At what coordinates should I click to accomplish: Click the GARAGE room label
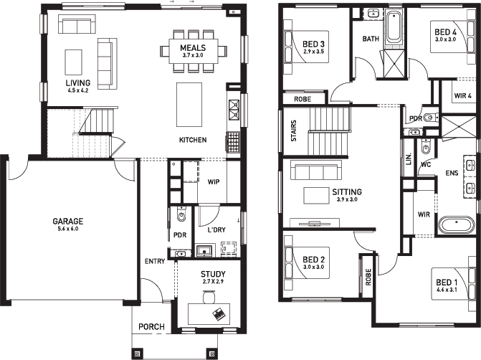pyautogui.click(x=68, y=222)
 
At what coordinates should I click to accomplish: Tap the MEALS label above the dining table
pyautogui.click(x=193, y=48)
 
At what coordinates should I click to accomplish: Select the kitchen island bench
pyautogui.click(x=189, y=105)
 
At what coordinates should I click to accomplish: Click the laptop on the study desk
pyautogui.click(x=219, y=313)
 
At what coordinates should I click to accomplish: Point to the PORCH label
pyautogui.click(x=151, y=327)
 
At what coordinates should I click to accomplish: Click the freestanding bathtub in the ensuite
pyautogui.click(x=457, y=225)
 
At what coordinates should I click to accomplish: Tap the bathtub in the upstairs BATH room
pyautogui.click(x=394, y=28)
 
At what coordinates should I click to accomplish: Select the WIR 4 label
pyautogui.click(x=462, y=96)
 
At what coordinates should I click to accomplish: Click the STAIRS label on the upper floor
pyautogui.click(x=294, y=131)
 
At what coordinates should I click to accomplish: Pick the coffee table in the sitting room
pyautogui.click(x=316, y=196)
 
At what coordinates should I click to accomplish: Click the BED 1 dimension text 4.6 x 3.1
pyautogui.click(x=447, y=290)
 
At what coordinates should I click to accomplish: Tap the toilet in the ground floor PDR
pyautogui.click(x=181, y=214)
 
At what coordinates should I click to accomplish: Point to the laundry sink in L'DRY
pyautogui.click(x=204, y=251)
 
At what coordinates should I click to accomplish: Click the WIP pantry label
pyautogui.click(x=214, y=182)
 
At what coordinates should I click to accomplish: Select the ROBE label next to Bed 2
pyautogui.click(x=368, y=277)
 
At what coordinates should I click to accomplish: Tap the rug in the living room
pyautogui.click(x=73, y=62)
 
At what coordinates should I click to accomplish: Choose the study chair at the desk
pyautogui.click(x=209, y=298)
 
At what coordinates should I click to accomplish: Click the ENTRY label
pyautogui.click(x=155, y=262)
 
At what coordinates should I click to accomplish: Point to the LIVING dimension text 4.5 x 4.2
pyautogui.click(x=78, y=90)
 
